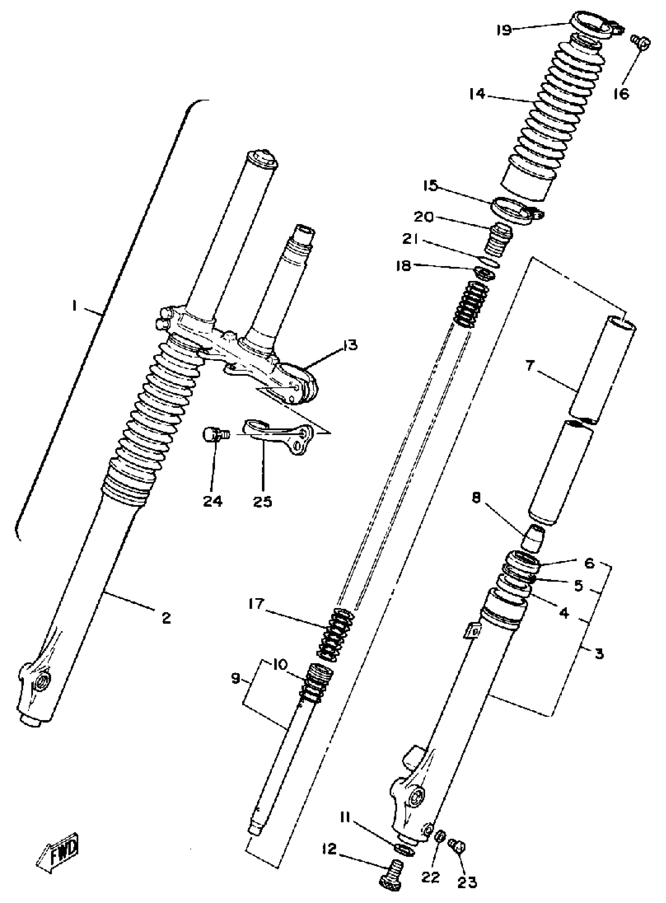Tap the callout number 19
[504, 30]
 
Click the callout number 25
[262, 501]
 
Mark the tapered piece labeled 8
[533, 539]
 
